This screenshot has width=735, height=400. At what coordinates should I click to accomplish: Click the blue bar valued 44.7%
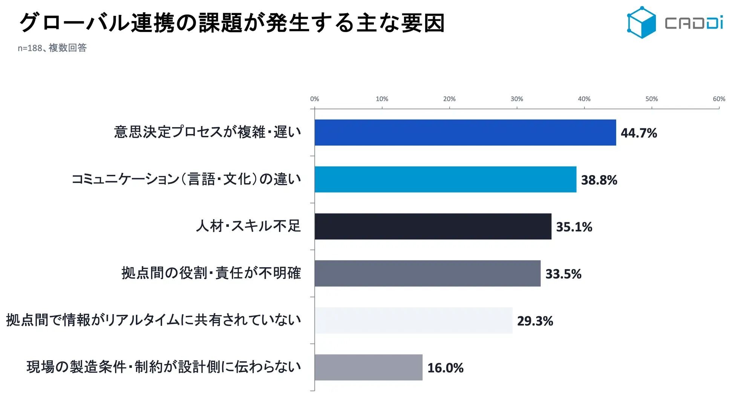click(x=465, y=132)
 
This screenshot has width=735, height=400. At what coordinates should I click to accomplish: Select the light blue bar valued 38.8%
click(x=446, y=179)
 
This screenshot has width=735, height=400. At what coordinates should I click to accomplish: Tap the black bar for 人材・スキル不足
click(x=433, y=226)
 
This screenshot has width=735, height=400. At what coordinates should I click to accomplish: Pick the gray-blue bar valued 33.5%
click(x=427, y=273)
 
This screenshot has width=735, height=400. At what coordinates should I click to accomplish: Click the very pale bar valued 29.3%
click(x=413, y=320)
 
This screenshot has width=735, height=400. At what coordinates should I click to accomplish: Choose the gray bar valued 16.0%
click(x=369, y=367)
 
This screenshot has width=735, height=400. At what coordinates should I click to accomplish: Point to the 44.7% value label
click(x=639, y=133)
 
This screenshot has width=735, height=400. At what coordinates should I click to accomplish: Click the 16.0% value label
click(x=446, y=368)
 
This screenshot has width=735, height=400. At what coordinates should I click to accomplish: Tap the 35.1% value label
click(x=574, y=227)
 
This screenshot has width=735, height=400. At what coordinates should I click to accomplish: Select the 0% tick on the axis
click(x=314, y=99)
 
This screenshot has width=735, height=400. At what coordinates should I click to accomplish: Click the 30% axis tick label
click(x=517, y=99)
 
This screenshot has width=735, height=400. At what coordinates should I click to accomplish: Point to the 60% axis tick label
click(x=719, y=99)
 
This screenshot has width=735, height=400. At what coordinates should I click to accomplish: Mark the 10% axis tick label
click(x=382, y=99)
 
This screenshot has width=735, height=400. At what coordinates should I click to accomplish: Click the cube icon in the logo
click(x=641, y=22)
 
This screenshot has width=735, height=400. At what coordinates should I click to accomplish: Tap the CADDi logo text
click(x=694, y=23)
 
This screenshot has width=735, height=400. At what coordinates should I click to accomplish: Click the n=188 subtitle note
click(x=52, y=48)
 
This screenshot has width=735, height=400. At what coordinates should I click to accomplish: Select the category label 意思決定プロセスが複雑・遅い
click(x=208, y=132)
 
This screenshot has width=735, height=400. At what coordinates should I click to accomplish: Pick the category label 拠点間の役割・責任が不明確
click(x=211, y=273)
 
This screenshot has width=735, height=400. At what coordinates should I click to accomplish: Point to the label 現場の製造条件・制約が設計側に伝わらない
click(x=164, y=367)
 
